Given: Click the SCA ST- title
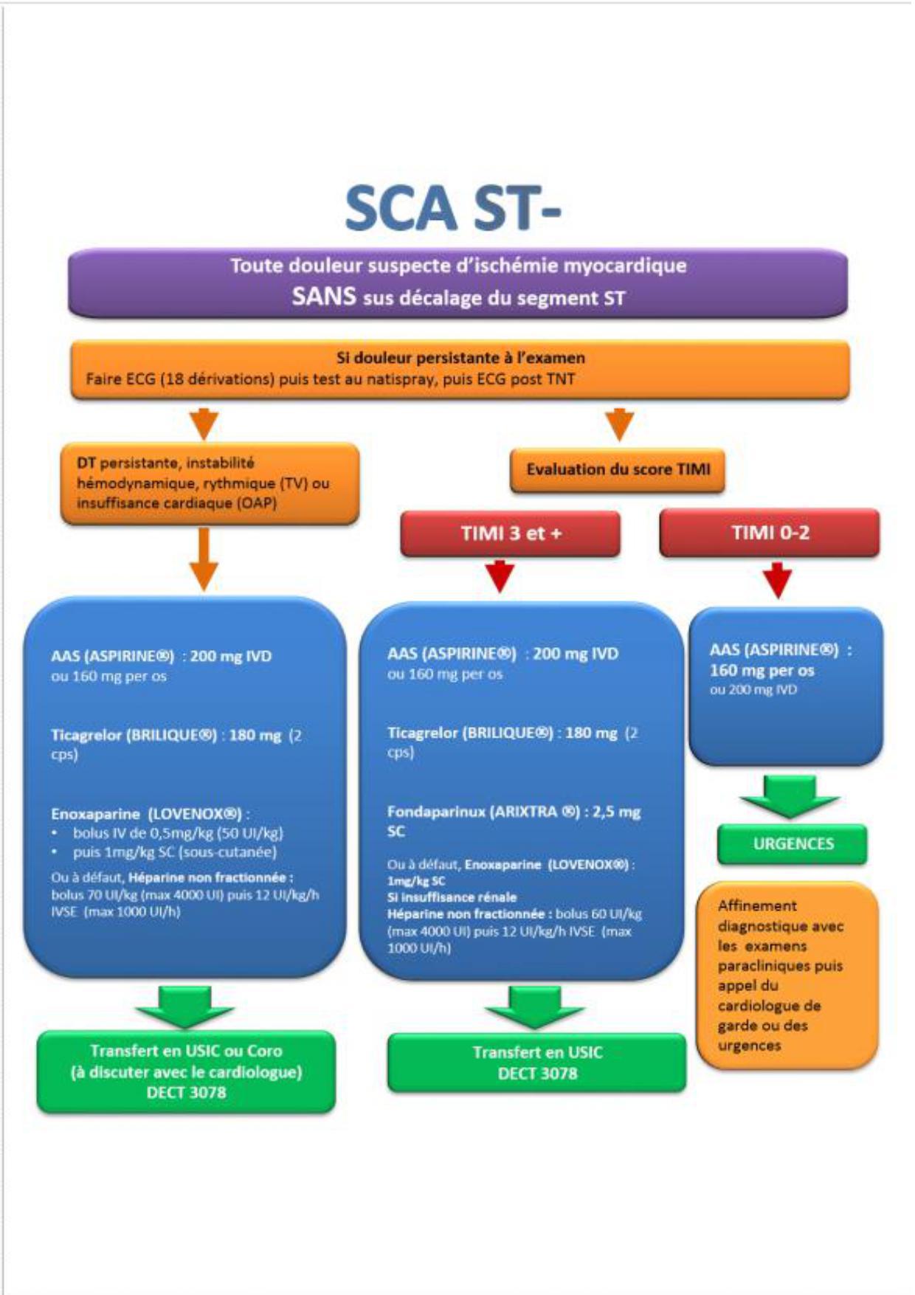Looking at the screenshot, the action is pos(452,209).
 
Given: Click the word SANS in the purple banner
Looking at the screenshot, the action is pos(323,297).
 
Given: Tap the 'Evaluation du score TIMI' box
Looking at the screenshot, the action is pos(618,470).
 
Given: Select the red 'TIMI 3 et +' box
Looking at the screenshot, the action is pos(511,533).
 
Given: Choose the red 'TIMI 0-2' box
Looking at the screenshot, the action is pos(770,532).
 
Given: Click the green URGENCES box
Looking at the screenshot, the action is pos(793,844).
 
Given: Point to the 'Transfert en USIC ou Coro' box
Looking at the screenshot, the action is pos(186,1071).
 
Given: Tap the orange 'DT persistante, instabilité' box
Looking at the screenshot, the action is pos(210,483).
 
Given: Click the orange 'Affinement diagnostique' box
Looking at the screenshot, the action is pos(787,975).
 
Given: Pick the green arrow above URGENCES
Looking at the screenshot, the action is pos(790,796).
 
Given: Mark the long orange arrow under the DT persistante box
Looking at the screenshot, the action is pos(204,559).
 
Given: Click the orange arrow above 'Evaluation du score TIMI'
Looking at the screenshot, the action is pos(620,424).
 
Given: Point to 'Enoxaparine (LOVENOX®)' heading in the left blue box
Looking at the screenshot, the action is pos(147,814).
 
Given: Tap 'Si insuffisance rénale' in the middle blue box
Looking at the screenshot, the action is pos(452,897).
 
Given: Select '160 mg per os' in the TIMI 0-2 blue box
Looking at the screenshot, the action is pos(762,671).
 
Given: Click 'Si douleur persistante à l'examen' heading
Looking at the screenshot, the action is pos(460,358).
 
